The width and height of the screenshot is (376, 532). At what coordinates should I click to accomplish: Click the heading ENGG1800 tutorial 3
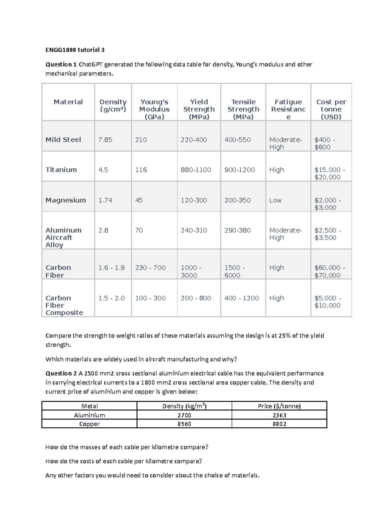[x=75, y=50]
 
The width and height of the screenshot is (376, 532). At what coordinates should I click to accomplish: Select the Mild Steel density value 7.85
[x=105, y=140]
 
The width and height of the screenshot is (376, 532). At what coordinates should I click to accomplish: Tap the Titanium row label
[x=61, y=170]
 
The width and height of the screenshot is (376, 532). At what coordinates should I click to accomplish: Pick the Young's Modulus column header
[x=154, y=109]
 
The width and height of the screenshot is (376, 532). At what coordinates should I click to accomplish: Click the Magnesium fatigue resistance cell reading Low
[x=275, y=200]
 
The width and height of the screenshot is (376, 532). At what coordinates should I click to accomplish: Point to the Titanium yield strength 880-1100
[x=196, y=170]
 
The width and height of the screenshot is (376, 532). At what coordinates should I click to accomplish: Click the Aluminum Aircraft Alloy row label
[x=63, y=237]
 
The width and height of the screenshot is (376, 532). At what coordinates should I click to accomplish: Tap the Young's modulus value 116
[x=141, y=170]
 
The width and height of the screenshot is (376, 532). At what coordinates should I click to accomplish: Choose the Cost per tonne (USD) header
[x=331, y=109]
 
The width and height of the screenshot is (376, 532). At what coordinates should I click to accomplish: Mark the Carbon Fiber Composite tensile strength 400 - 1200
[x=241, y=298]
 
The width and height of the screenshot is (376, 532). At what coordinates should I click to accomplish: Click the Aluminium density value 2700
[x=184, y=415]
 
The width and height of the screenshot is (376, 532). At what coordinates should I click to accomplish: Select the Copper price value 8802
[x=279, y=424]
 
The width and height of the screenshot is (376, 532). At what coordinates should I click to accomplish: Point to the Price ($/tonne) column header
[x=279, y=406]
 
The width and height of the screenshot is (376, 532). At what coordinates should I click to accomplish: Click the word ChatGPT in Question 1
[x=90, y=65]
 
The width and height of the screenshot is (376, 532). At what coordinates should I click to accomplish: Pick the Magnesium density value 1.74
[x=105, y=200]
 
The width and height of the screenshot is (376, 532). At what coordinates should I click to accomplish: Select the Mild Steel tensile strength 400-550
[x=237, y=140]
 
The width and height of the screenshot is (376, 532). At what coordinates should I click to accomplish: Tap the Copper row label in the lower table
[x=89, y=424]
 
